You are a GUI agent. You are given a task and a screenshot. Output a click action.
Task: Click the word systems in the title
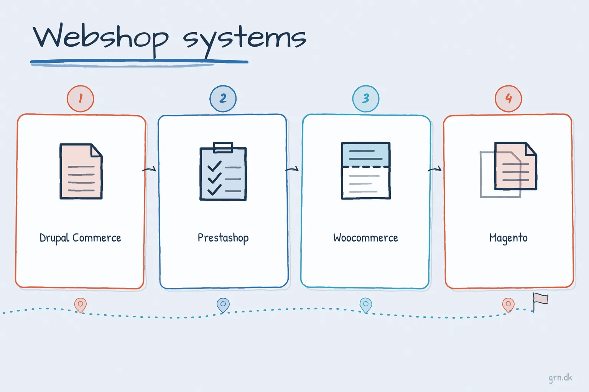point(245,42)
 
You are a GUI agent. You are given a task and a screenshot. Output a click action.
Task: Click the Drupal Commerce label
point(81,238)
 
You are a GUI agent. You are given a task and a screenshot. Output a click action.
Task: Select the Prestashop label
point(223,238)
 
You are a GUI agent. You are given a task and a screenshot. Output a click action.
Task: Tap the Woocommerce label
point(366,238)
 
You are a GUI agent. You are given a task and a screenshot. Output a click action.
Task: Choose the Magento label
point(508,238)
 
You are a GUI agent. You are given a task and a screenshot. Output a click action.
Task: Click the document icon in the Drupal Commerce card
point(81,171)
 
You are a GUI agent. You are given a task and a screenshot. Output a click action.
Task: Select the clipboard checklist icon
point(223,171)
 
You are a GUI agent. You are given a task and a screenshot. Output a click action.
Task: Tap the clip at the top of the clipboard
point(223,147)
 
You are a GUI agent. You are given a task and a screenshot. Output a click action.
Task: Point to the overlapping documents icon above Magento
point(508,170)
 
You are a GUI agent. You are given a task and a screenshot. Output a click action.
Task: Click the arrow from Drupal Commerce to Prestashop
point(149,169)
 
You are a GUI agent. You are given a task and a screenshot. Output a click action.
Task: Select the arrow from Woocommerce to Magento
point(434,169)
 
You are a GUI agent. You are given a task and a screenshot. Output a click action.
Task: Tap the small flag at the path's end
point(540,302)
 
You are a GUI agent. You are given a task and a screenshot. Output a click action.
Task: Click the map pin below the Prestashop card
point(223,305)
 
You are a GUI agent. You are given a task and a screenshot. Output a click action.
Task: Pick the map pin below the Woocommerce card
point(366,305)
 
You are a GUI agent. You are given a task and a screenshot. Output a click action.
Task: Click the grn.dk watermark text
point(560,378)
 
